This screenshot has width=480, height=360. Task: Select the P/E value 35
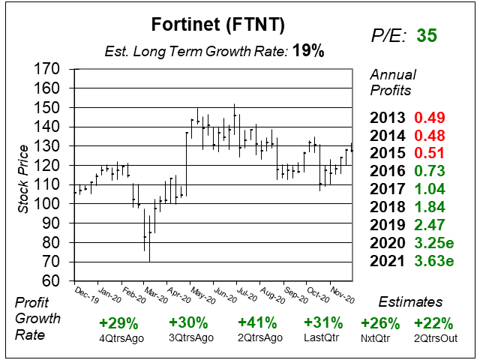coord(427,35)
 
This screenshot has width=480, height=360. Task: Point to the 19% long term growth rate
coord(308,51)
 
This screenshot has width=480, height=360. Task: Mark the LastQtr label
coord(323,337)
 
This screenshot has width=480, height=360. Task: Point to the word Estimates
coord(409,301)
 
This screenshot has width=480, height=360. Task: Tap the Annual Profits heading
coord(391,82)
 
